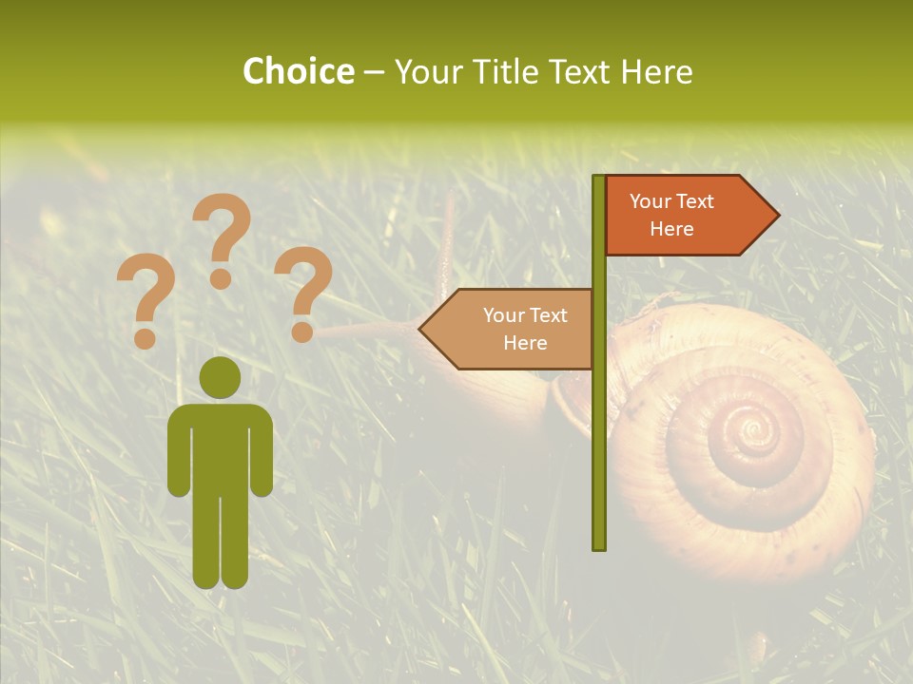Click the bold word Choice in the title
(298, 71)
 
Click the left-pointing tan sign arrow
(509, 329)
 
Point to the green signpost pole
(599, 427)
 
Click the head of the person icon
(220, 377)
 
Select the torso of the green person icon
(220, 446)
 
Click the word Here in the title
(656, 71)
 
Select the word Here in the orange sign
(671, 229)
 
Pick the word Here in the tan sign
(525, 343)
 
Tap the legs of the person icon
(220, 541)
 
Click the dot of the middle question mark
(222, 279)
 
